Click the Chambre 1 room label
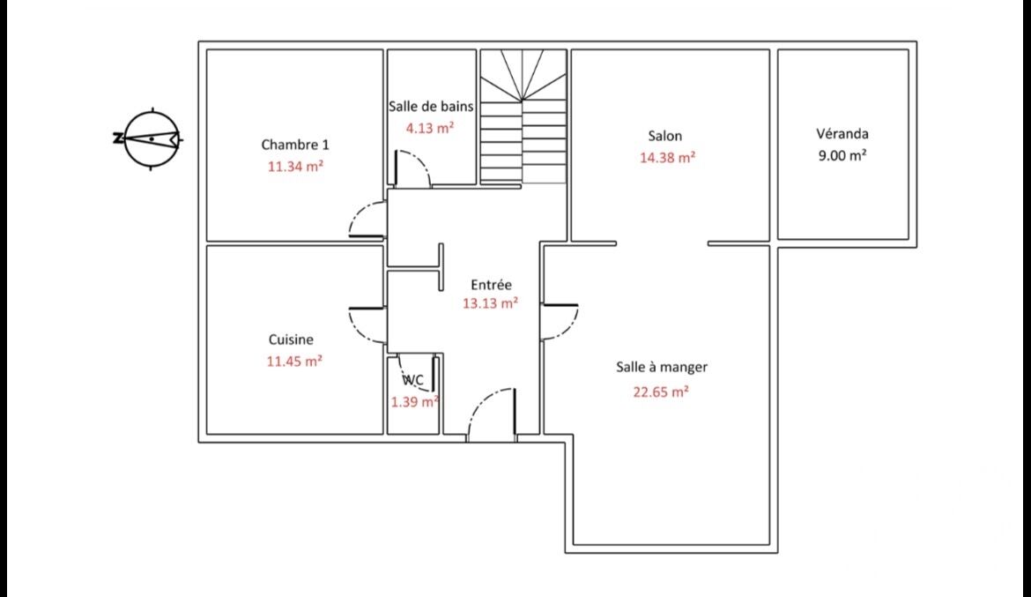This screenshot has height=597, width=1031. point(294,145)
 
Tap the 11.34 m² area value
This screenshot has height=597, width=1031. point(295,166)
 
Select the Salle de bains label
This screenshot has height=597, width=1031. point(431,107)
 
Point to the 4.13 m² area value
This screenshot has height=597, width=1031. point(429,128)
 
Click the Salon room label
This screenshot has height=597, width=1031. point(664,137)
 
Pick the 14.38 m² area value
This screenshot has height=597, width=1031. point(667,158)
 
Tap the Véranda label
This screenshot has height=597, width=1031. point(842,134)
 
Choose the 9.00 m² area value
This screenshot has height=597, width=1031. point(842,156)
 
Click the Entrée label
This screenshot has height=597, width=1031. point(491,284)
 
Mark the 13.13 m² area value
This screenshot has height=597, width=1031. point(490,303)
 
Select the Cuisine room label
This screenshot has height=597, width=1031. point(291,340)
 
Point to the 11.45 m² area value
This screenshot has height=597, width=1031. point(294,361)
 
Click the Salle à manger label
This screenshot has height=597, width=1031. point(662,368)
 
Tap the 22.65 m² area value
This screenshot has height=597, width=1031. point(661,392)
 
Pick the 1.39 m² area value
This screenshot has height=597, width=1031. point(415,401)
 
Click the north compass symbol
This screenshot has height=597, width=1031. point(151,138)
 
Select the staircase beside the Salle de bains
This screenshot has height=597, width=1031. point(523,117)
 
